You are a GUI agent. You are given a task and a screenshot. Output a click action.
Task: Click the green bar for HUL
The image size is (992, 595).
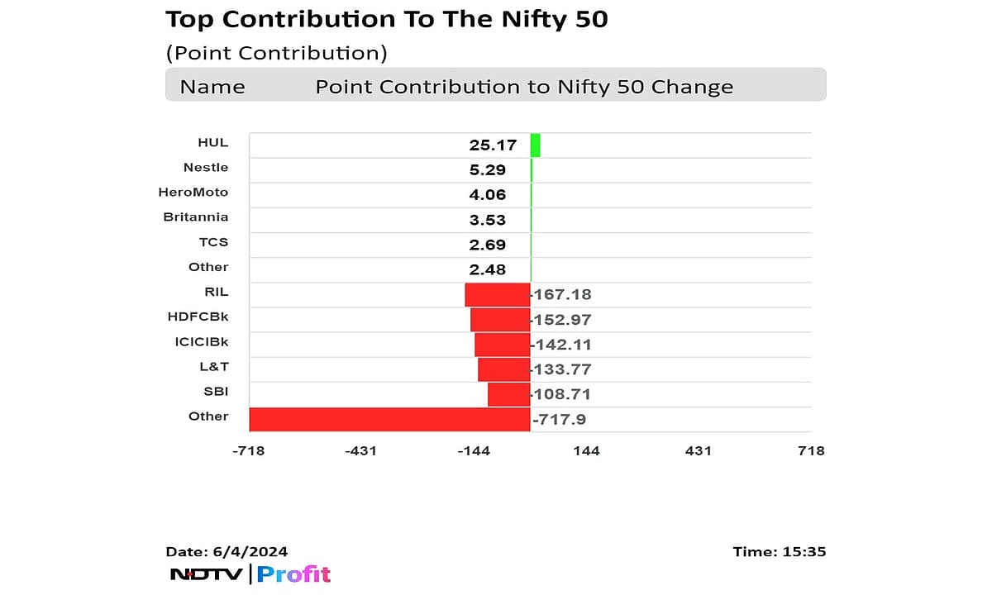click(x=535, y=145)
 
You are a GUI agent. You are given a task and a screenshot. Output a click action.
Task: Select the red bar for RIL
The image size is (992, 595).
click(x=497, y=295)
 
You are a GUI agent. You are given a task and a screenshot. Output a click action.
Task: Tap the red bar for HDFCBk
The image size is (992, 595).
click(x=500, y=320)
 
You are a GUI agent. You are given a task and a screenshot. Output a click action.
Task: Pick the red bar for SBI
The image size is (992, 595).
click(x=508, y=394)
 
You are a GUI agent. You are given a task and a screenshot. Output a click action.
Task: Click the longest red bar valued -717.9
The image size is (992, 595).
click(x=389, y=419)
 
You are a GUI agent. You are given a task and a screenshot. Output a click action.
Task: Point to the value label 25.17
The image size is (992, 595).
click(x=493, y=145)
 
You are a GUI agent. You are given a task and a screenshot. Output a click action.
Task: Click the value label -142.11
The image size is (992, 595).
click(x=562, y=345)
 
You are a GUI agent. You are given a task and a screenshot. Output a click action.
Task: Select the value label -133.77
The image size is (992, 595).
click(x=562, y=369)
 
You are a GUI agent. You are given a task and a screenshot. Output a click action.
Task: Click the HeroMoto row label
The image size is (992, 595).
click(x=193, y=192)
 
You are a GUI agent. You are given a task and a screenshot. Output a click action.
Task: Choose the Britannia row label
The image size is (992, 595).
click(x=195, y=217)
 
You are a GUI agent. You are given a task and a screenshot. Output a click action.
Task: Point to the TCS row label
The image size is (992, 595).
click(x=213, y=242)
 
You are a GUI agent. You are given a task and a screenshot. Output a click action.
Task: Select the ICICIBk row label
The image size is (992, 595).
click(x=198, y=341)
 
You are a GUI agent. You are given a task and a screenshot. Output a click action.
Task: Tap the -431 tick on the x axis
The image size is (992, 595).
click(x=361, y=450)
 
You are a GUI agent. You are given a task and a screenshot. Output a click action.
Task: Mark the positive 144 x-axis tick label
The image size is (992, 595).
click(x=586, y=450)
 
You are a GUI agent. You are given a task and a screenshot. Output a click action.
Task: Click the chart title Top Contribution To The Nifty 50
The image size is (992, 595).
click(x=387, y=19)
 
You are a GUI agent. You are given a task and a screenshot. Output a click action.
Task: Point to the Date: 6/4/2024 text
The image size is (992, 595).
click(x=227, y=551)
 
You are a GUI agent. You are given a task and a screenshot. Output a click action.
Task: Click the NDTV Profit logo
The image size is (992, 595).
click(x=250, y=574)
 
